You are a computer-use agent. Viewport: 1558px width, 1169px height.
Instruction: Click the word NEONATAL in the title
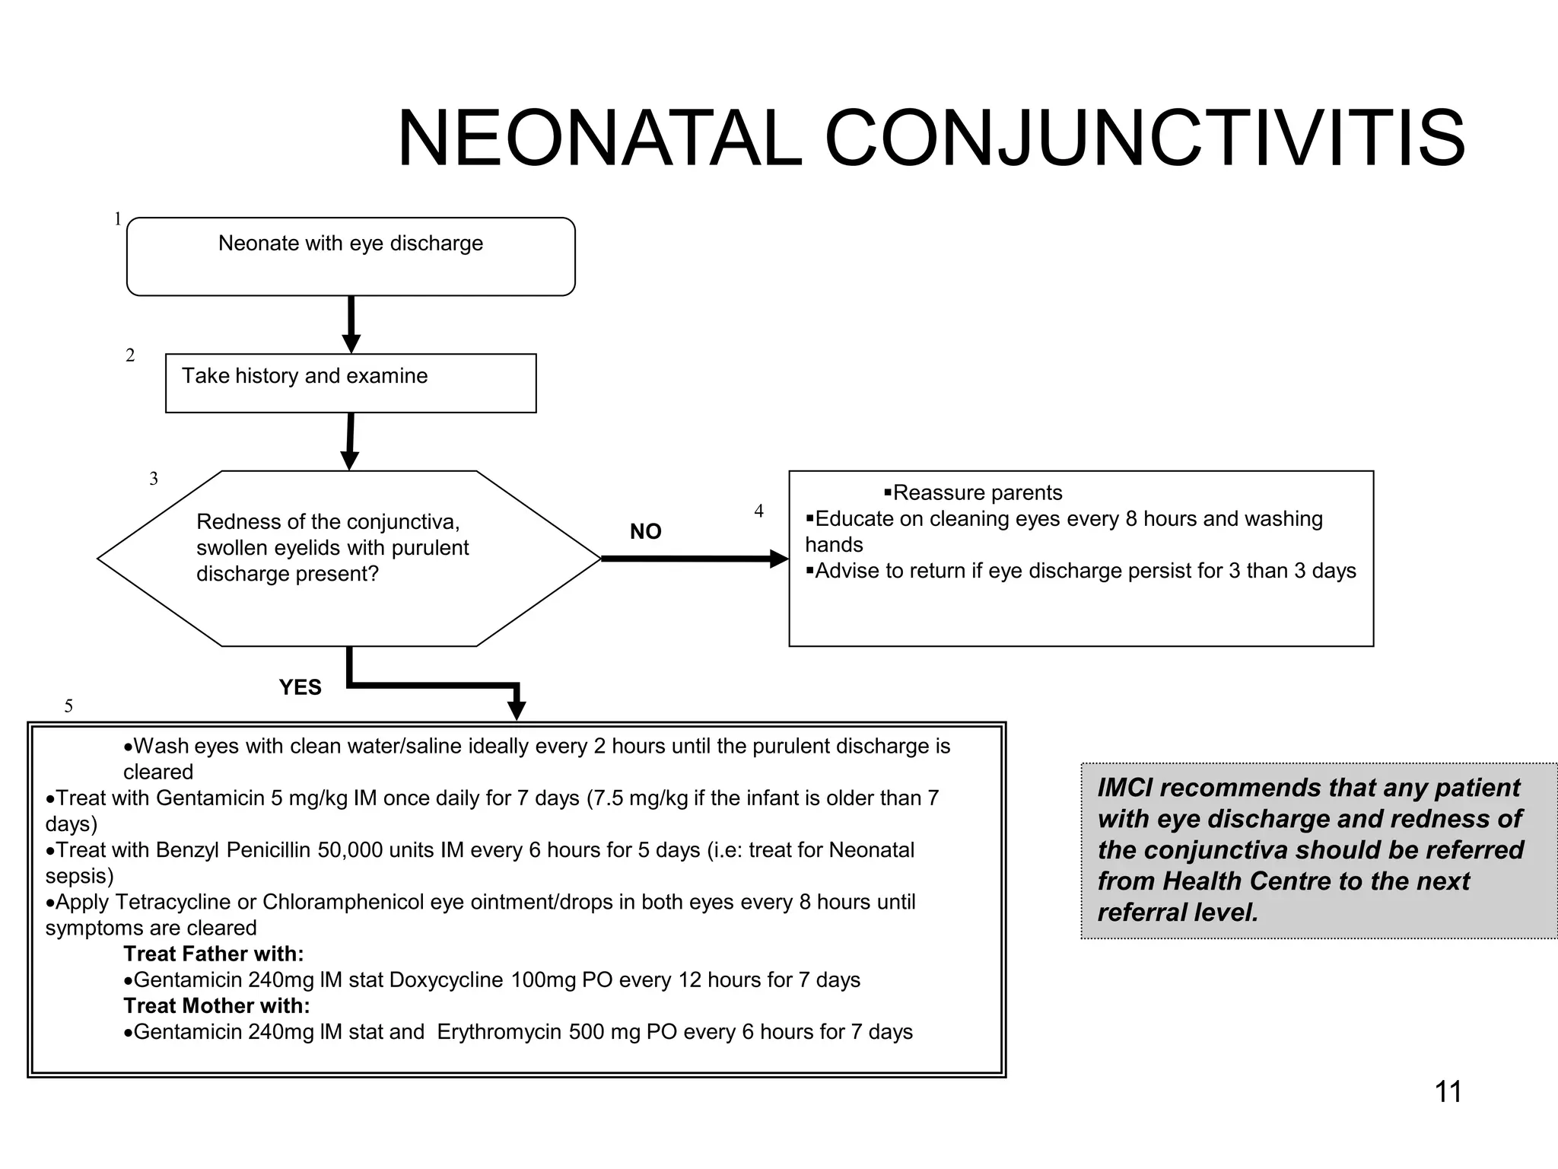coord(599,139)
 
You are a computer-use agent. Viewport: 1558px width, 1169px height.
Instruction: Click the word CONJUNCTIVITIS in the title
coord(1144,139)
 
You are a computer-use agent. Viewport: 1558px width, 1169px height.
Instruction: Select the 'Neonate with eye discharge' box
coord(351,256)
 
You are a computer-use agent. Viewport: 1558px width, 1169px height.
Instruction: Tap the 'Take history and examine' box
coord(351,383)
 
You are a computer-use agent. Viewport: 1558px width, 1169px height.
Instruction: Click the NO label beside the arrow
coord(645,531)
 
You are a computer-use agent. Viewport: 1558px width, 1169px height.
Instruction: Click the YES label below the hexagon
coord(300,687)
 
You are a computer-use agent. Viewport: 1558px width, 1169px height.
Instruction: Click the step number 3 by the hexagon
coord(154,479)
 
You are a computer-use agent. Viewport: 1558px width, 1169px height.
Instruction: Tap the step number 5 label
coord(68,706)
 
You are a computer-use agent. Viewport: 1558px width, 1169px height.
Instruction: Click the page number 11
coord(1448,1092)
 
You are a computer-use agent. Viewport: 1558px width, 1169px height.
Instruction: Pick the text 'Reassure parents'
coord(977,493)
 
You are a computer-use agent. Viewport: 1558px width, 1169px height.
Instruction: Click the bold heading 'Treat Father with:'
coord(213,954)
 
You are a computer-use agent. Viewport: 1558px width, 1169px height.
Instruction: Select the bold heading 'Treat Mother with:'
coord(217,1005)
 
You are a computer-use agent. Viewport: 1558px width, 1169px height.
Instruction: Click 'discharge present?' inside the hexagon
coord(287,574)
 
